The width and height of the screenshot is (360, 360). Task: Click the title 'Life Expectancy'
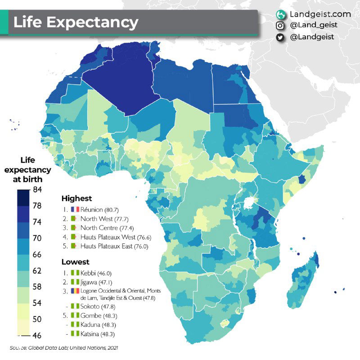[x=76, y=22]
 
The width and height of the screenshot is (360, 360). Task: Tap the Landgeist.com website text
[x=314, y=14]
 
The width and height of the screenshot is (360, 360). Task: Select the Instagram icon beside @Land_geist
[x=280, y=26]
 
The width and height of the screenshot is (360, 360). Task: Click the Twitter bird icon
[x=280, y=37]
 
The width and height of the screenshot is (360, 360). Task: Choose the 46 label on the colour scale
[x=37, y=335]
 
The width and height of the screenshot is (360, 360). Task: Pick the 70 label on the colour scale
[x=37, y=238]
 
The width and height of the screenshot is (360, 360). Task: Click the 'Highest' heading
[x=76, y=198]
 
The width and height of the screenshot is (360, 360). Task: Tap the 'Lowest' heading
[x=75, y=262]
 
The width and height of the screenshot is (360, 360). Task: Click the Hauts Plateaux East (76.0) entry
[x=115, y=246]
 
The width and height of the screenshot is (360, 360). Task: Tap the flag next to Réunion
[x=75, y=209]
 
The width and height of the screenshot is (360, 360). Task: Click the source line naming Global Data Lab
[x=63, y=348]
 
